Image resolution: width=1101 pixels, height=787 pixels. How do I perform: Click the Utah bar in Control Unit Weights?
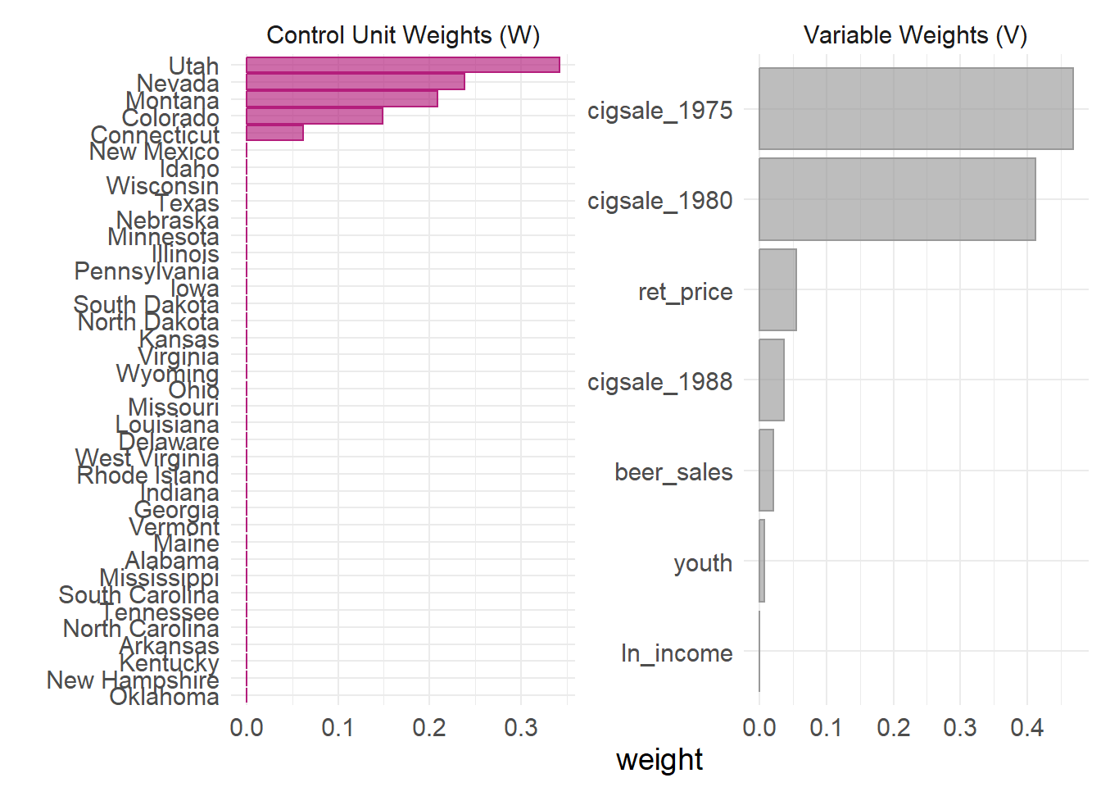tap(403, 65)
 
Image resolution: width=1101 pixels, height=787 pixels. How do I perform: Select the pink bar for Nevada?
tap(356, 82)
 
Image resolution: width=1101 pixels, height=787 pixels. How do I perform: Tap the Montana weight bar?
tap(342, 99)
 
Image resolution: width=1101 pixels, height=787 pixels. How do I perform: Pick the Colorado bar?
tap(315, 116)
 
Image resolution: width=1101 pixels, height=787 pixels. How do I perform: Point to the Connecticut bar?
tap(274, 133)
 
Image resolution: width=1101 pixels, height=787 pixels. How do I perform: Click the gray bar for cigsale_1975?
tap(916, 109)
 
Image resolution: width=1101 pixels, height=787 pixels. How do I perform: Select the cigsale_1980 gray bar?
tap(897, 199)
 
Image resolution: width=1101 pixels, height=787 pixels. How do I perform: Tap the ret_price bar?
tap(777, 290)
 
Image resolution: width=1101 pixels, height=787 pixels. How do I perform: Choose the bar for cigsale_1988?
tap(772, 380)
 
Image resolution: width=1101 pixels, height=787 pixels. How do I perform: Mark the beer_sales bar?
tap(766, 471)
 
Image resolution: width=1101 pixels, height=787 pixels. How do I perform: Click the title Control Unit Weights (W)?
tap(403, 35)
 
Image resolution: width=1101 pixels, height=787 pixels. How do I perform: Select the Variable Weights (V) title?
tap(915, 35)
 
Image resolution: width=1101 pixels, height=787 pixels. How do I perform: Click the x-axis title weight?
tap(659, 759)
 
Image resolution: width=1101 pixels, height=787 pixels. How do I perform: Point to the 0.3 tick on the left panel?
tap(521, 727)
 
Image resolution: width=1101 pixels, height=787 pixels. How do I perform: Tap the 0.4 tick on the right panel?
tap(1026, 727)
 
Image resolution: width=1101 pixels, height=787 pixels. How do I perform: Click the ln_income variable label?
tap(677, 653)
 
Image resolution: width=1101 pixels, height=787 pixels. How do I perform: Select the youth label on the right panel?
tap(703, 563)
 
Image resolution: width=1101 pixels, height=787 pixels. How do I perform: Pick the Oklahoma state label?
tap(164, 697)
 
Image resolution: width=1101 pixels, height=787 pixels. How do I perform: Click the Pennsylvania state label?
tap(147, 271)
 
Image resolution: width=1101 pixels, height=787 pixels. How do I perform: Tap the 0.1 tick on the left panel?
tap(338, 727)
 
